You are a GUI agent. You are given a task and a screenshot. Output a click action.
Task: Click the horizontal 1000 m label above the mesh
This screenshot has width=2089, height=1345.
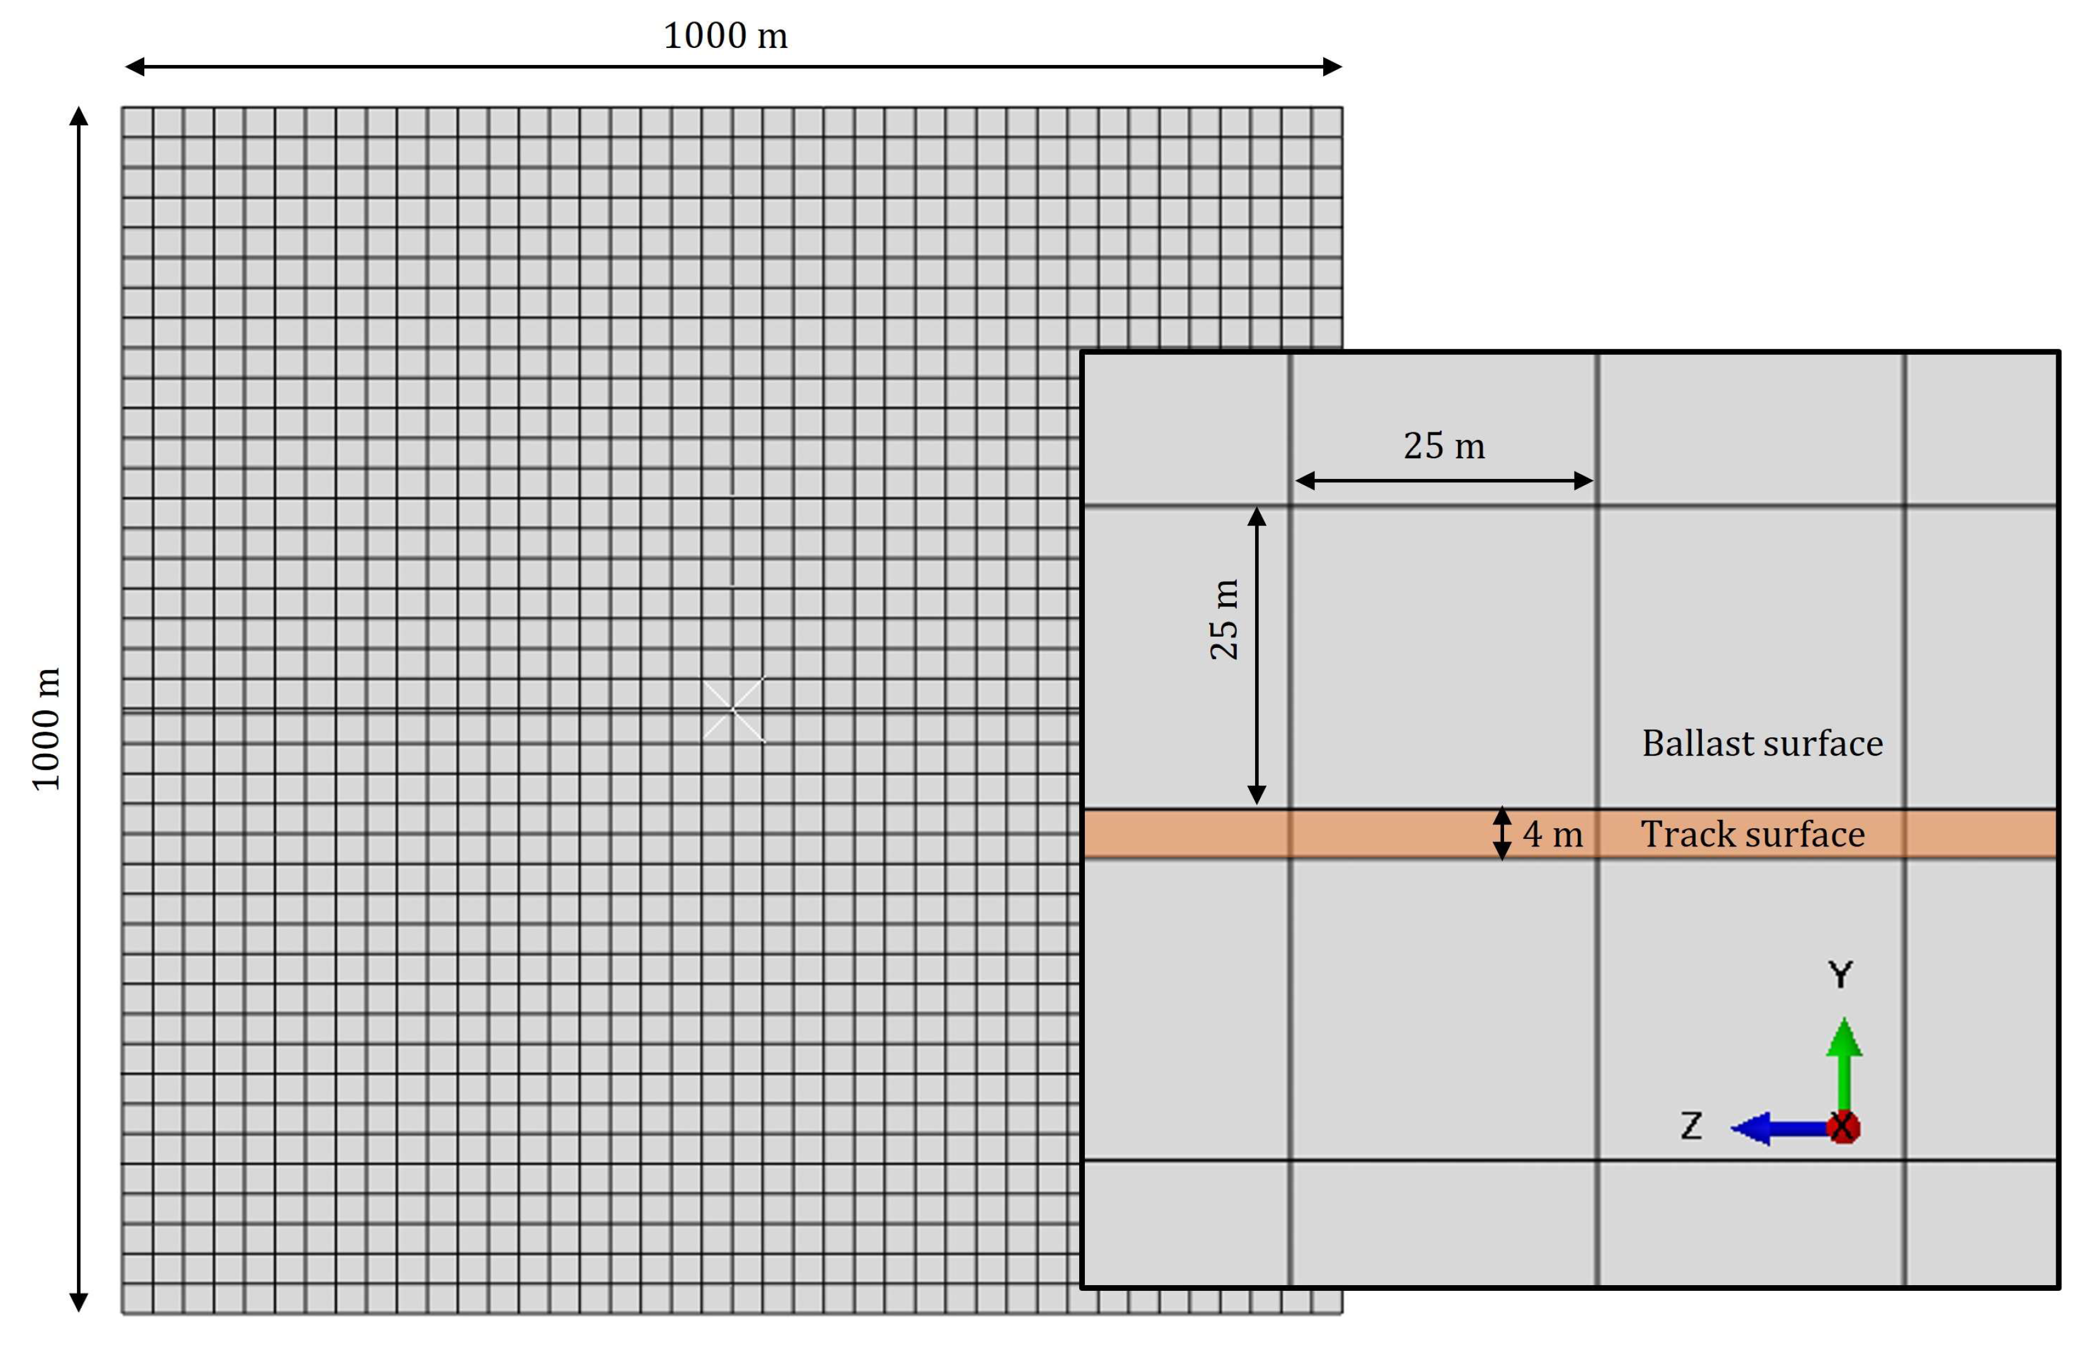725,36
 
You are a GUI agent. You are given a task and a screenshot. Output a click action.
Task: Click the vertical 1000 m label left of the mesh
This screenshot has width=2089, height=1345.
45,729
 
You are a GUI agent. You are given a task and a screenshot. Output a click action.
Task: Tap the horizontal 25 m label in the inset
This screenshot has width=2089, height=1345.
1444,446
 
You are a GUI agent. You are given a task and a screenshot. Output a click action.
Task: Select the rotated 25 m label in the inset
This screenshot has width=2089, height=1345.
1224,618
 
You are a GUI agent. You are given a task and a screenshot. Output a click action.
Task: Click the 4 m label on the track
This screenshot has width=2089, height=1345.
1553,834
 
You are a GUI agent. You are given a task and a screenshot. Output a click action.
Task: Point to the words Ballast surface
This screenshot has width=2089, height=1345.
1762,743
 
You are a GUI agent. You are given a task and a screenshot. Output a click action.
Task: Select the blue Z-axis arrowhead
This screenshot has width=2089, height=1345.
1750,1128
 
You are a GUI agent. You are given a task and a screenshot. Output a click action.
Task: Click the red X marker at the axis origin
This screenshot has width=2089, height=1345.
1843,1128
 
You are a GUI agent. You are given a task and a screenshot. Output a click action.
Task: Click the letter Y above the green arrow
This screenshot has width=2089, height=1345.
1840,974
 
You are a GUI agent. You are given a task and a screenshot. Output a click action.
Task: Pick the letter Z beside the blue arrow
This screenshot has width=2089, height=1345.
1692,1126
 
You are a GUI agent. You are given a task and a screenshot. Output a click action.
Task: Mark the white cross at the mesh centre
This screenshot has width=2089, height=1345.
734,709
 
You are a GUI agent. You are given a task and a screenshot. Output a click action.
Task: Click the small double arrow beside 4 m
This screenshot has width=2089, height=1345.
1502,833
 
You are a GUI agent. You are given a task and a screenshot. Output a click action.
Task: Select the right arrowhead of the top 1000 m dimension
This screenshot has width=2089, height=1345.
1332,66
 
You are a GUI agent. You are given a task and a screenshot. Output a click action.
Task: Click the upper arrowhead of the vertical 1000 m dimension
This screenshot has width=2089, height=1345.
79,116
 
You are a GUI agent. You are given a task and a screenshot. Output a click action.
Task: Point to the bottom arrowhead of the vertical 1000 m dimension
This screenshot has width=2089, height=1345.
79,1302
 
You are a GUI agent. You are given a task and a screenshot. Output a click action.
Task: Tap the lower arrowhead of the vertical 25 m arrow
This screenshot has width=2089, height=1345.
1257,795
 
